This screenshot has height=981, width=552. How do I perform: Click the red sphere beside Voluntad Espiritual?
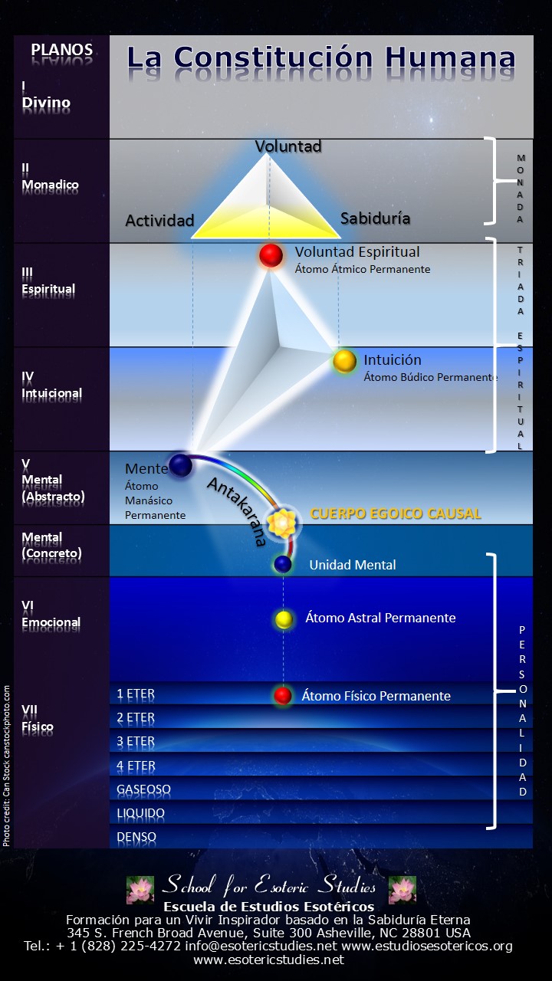(x=271, y=255)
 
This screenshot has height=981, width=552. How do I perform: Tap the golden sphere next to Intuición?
(x=344, y=360)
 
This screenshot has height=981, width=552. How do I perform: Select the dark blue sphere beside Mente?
(x=180, y=465)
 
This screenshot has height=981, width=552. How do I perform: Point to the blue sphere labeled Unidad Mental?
(x=284, y=565)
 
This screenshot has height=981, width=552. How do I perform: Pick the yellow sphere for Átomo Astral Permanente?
(x=284, y=618)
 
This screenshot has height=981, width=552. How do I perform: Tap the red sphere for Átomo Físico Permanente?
(x=283, y=696)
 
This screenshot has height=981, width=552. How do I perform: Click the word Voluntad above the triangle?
(x=287, y=146)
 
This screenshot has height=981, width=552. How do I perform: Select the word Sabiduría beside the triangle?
(x=375, y=218)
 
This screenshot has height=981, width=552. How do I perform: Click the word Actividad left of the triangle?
(x=159, y=220)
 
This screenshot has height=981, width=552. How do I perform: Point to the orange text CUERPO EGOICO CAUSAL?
(x=395, y=513)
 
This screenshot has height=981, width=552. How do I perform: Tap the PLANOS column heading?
(x=61, y=51)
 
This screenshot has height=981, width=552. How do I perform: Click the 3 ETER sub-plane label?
(x=136, y=742)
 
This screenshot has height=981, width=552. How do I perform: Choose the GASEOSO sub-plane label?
(x=143, y=789)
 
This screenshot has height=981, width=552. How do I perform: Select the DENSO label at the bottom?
(x=136, y=837)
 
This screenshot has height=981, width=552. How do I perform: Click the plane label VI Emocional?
(x=51, y=615)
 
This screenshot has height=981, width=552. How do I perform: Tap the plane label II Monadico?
(x=50, y=177)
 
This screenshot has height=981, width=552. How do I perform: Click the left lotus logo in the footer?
(x=140, y=890)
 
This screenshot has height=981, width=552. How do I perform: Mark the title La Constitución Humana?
(x=320, y=58)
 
